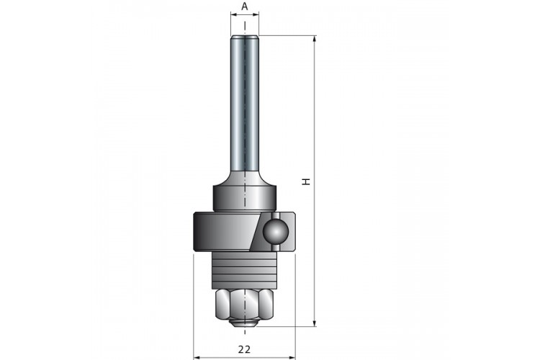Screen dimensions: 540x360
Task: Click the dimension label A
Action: [245, 6]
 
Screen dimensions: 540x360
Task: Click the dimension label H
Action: [306, 181]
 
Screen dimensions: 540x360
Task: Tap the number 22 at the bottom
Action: [244, 349]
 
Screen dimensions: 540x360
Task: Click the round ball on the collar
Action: [274, 232]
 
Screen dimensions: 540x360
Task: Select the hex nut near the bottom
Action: [245, 305]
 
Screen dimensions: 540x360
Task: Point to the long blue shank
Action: [245, 104]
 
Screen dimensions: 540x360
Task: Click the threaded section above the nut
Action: [245, 271]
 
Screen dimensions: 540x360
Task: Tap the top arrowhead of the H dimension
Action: [314, 39]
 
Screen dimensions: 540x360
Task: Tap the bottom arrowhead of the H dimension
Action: [314, 323]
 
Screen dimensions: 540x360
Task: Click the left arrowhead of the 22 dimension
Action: [197, 357]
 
